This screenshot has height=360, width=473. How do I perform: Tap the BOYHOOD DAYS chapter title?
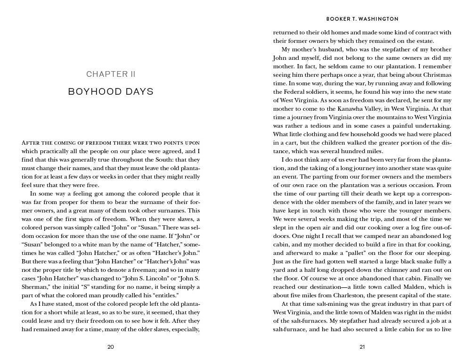click(x=111, y=91)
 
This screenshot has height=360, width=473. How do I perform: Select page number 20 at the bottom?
click(x=111, y=347)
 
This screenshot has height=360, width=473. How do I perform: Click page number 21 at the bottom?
click(x=362, y=347)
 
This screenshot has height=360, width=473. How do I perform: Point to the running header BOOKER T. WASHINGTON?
click(x=362, y=19)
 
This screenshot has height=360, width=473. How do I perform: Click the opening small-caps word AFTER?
click(x=31, y=142)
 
